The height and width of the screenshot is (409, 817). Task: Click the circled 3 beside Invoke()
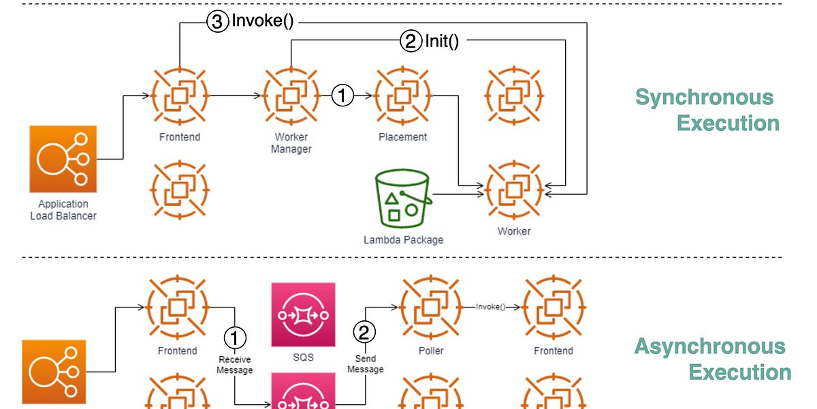pyautogui.click(x=217, y=22)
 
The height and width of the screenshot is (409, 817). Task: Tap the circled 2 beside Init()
pyautogui.click(x=410, y=42)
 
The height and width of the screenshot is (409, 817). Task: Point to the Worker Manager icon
pyautogui.click(x=292, y=96)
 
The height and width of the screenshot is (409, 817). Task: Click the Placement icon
pyautogui.click(x=403, y=96)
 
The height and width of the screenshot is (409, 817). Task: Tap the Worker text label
pyautogui.click(x=514, y=231)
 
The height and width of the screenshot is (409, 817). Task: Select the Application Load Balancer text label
pyautogui.click(x=63, y=210)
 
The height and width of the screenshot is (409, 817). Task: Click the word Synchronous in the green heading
pyautogui.click(x=704, y=97)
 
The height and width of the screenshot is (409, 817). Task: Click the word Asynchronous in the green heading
pyautogui.click(x=709, y=346)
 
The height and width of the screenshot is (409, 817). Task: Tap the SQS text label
pyautogui.click(x=303, y=357)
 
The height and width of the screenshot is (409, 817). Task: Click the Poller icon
pyautogui.click(x=431, y=307)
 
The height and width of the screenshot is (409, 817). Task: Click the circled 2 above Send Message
pyautogui.click(x=365, y=333)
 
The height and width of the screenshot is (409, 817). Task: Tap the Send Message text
pyautogui.click(x=365, y=364)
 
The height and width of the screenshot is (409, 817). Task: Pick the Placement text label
pyautogui.click(x=403, y=137)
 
